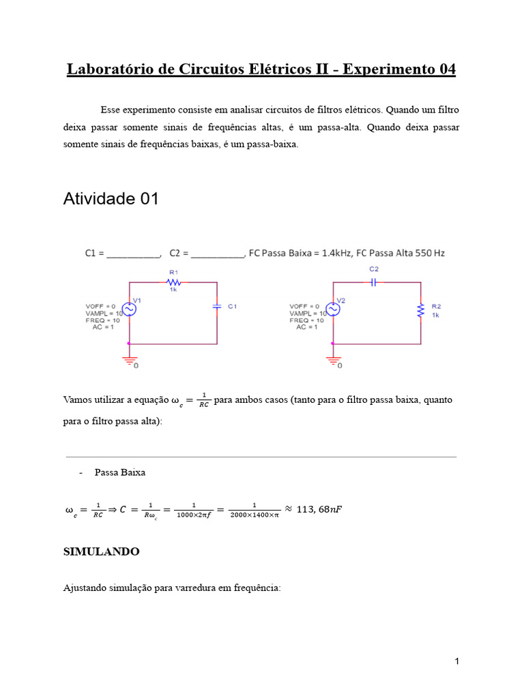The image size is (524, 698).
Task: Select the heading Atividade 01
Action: pyautogui.click(x=111, y=199)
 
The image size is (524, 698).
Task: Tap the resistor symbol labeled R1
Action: pyautogui.click(x=174, y=282)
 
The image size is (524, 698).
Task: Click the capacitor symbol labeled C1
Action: pyautogui.click(x=217, y=307)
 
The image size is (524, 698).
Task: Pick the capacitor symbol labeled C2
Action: pyautogui.click(x=374, y=282)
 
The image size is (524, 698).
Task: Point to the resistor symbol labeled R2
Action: pyautogui.click(x=421, y=310)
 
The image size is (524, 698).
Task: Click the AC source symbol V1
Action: pyautogui.click(x=129, y=309)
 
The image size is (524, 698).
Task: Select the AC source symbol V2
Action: pyautogui.click(x=334, y=309)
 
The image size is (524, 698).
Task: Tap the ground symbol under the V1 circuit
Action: pyautogui.click(x=130, y=360)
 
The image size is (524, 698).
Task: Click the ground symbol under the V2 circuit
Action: pyautogui.click(x=334, y=360)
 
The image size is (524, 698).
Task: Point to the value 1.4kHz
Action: pyautogui.click(x=335, y=253)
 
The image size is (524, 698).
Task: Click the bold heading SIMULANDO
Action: pyautogui.click(x=101, y=551)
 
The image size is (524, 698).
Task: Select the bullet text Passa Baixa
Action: pyautogui.click(x=120, y=472)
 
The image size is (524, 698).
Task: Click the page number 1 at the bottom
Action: pyautogui.click(x=456, y=661)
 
